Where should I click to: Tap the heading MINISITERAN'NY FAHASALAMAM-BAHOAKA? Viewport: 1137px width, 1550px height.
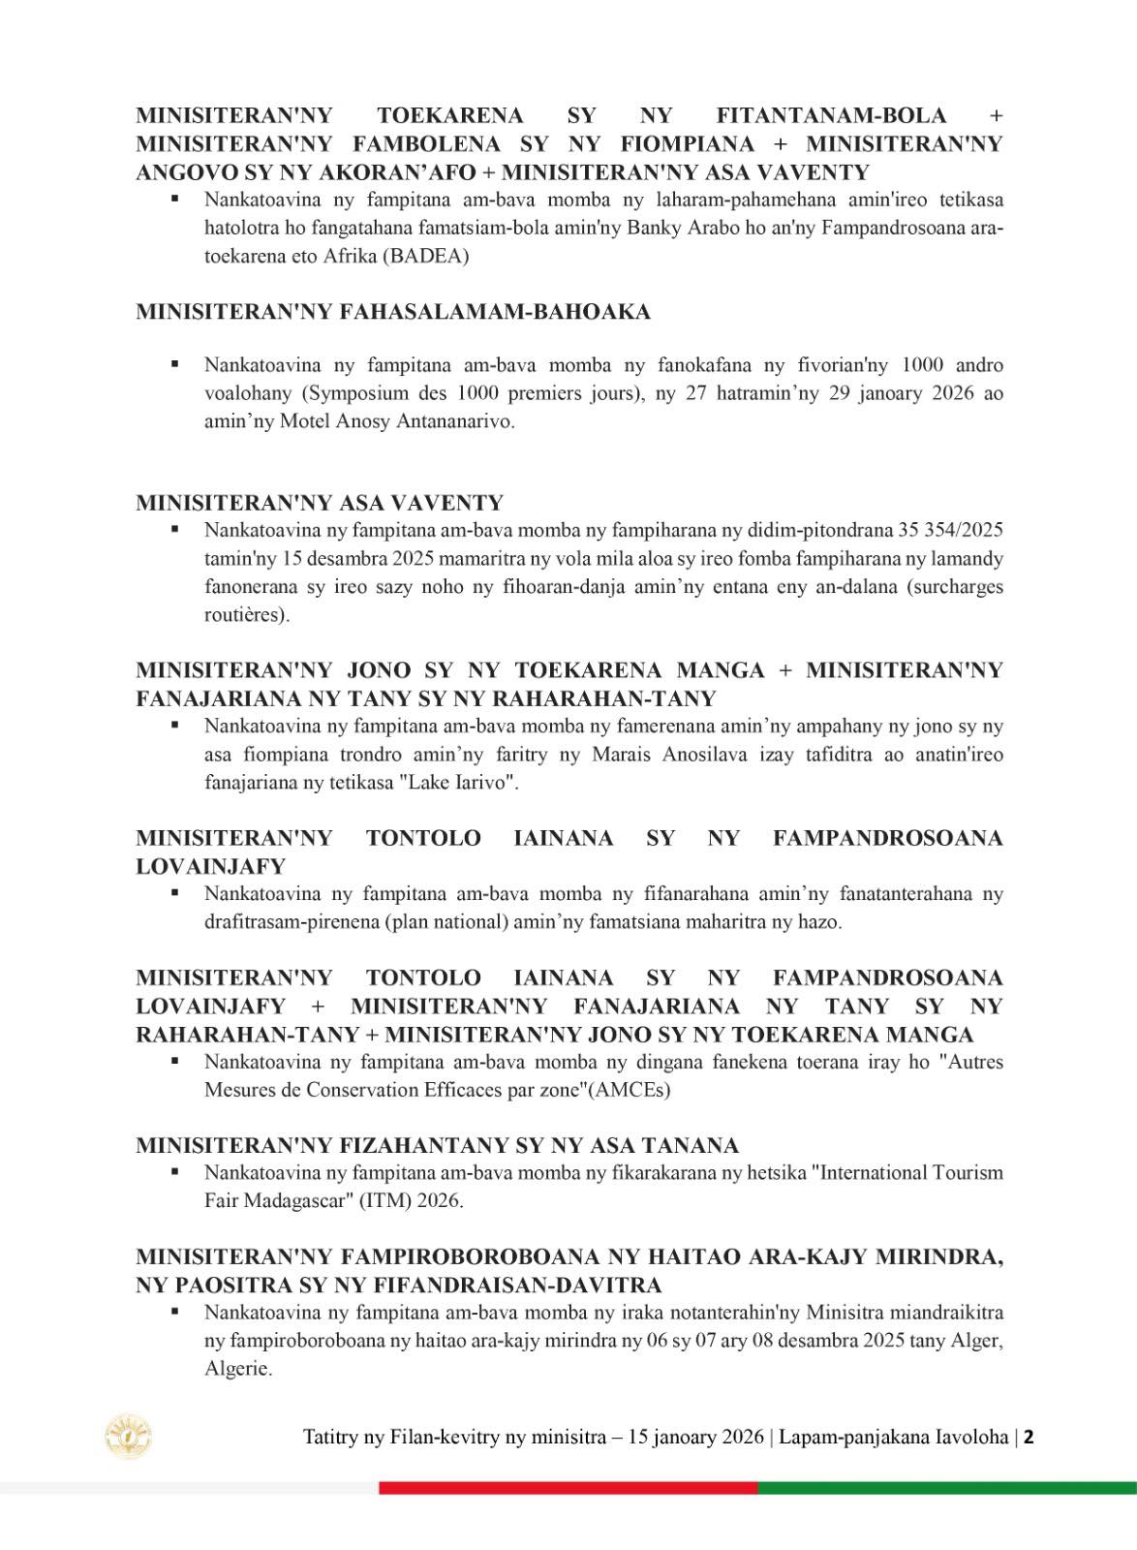[393, 312]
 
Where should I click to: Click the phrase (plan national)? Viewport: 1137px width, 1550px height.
[446, 921]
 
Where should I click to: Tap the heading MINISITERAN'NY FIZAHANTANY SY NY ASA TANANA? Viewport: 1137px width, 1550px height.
[437, 1145]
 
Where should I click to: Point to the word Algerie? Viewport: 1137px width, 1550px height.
[237, 1370]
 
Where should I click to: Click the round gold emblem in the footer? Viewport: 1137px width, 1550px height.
[129, 1437]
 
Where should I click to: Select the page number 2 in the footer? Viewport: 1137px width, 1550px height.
[1029, 1437]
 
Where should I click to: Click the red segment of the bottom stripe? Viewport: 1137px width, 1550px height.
[568, 1488]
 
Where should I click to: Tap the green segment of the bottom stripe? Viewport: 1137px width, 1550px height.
[946, 1488]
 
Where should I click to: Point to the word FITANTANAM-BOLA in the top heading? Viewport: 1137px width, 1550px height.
[831, 115]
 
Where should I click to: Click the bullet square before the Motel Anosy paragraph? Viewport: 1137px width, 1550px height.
[175, 364]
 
